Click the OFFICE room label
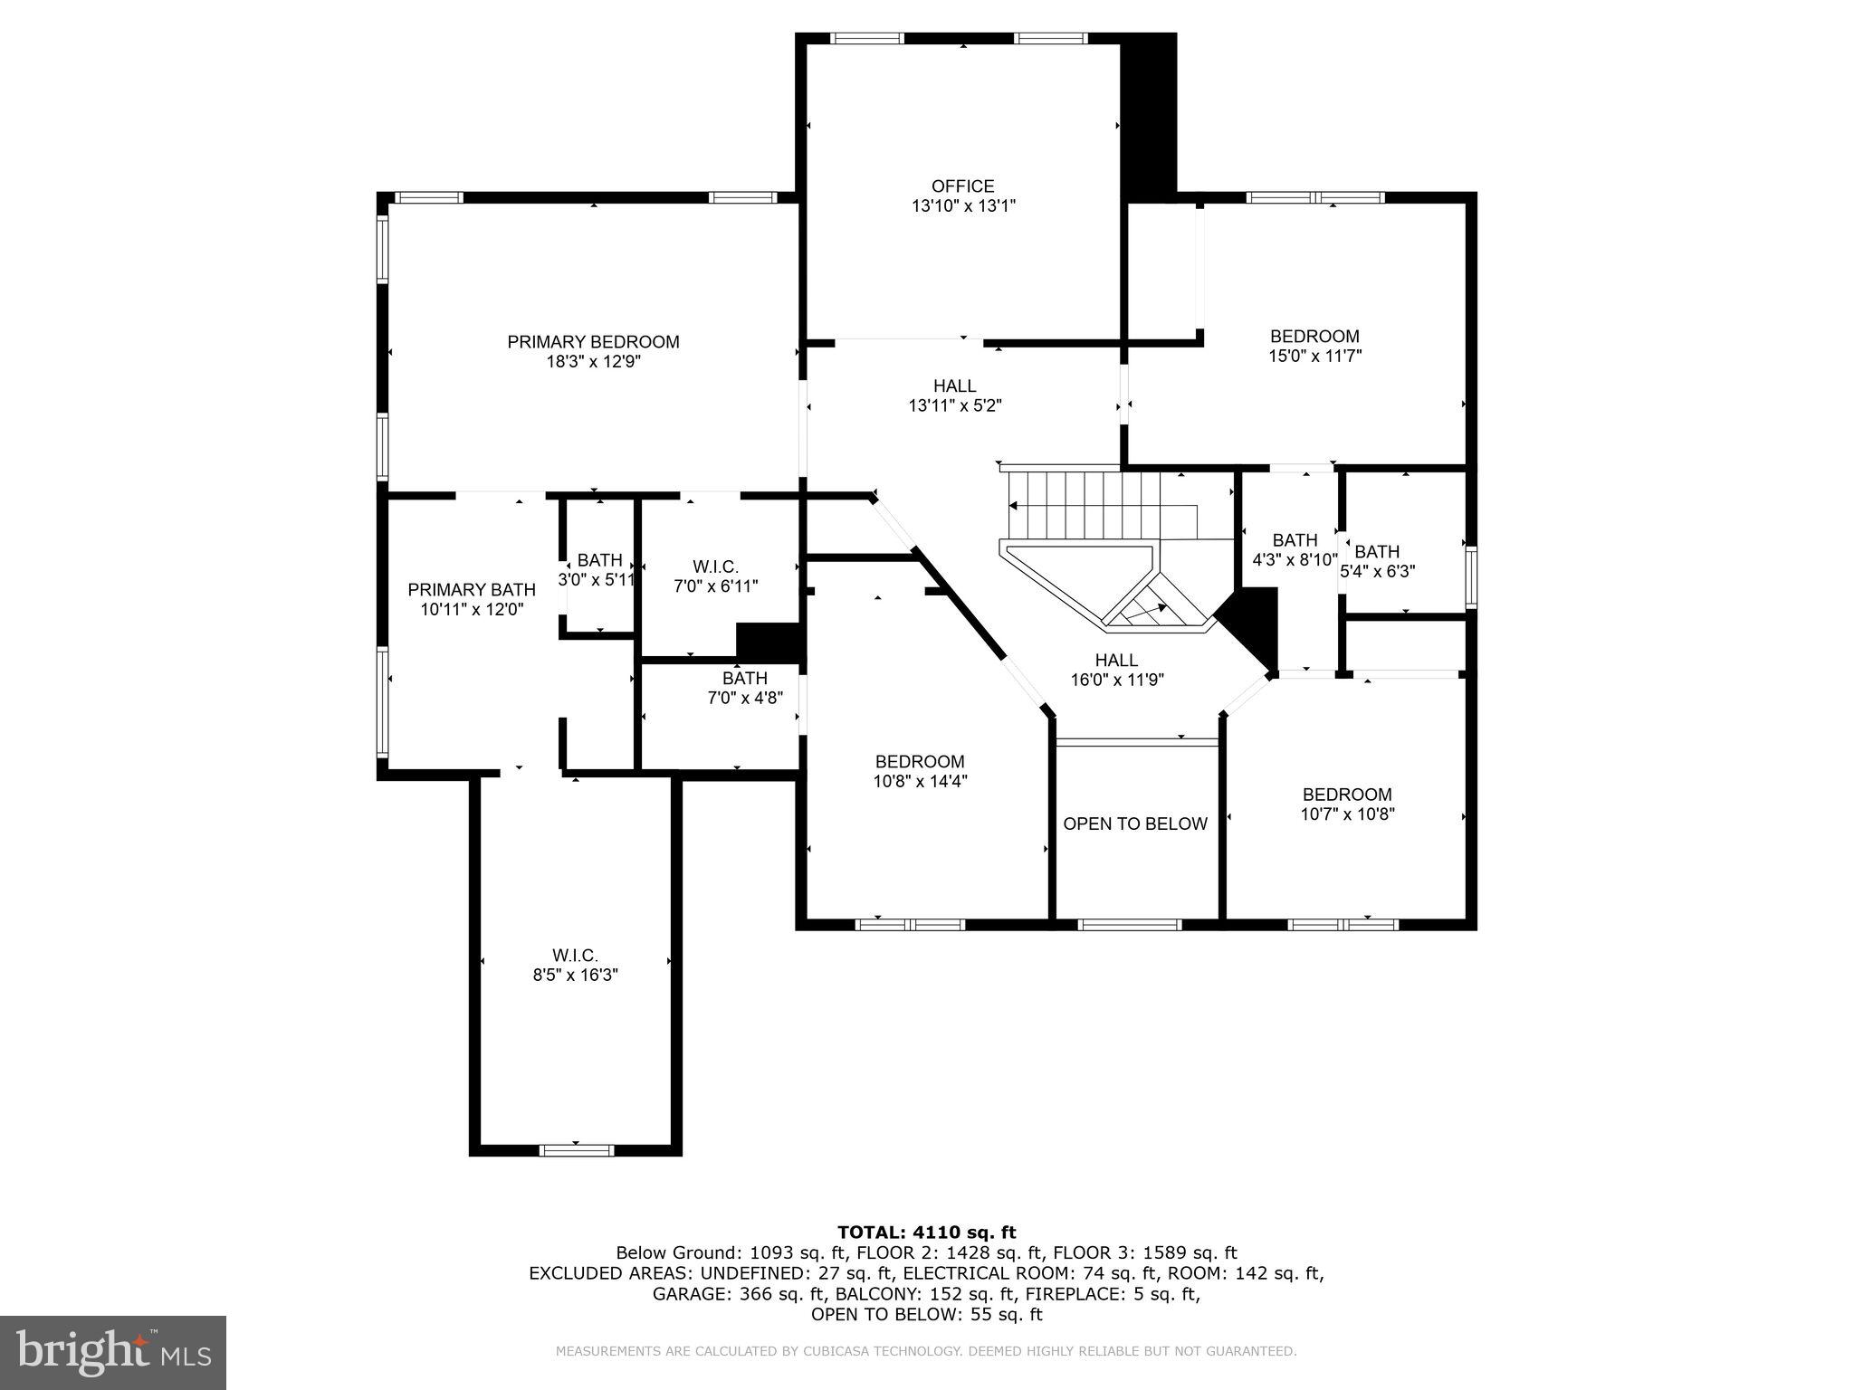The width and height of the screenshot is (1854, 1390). [x=962, y=186]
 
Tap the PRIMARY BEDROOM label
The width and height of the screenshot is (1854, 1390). [x=593, y=342]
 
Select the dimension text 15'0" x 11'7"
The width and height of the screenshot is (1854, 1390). [x=1314, y=357]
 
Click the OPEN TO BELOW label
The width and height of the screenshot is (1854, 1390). [x=1134, y=824]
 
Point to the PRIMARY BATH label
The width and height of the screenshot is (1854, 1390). [x=472, y=590]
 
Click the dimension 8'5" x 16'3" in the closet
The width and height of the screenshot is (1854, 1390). [x=575, y=976]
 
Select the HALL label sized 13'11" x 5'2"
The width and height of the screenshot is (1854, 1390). [x=954, y=386]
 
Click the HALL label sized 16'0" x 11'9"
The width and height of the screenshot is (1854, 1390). [x=1116, y=661]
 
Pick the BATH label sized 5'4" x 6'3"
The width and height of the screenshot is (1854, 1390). [x=1376, y=552]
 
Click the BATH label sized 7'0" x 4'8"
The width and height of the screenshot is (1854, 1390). [x=744, y=679]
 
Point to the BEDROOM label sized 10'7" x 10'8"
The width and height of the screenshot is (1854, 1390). [x=1347, y=795]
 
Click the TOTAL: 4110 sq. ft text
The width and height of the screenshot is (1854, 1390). [x=926, y=1233]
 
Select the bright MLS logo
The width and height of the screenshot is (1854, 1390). [x=113, y=1352]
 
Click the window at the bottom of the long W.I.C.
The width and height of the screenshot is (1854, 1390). [x=576, y=1151]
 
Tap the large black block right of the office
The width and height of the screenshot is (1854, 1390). [x=1148, y=118]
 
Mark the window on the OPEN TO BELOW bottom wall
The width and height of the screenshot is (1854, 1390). [x=1129, y=925]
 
